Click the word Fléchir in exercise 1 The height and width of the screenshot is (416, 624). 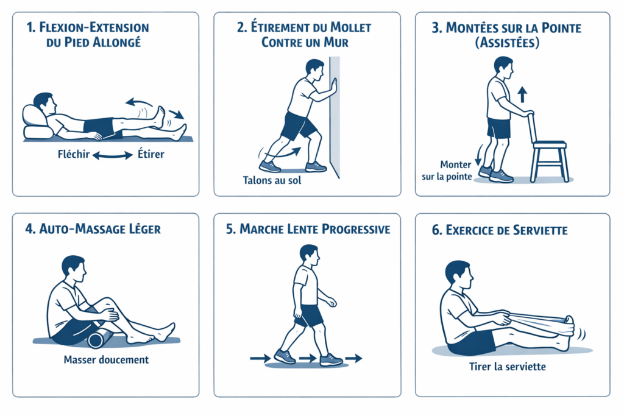tap(74, 154)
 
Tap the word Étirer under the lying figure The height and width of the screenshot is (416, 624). tap(151, 154)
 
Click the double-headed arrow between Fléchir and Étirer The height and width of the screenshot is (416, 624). tap(113, 155)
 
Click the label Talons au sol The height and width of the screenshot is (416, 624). tap(272, 180)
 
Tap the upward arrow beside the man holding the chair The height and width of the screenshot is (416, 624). tap(522, 95)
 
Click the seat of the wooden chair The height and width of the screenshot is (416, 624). tap(550, 144)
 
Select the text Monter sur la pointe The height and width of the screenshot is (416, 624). tap(447, 171)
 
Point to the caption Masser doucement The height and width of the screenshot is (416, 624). tap(106, 360)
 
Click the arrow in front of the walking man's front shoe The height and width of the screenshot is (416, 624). tap(353, 358)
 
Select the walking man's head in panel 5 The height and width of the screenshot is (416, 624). tap(309, 255)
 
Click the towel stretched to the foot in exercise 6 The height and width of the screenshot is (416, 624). tap(537, 318)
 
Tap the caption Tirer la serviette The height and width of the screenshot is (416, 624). tap(508, 367)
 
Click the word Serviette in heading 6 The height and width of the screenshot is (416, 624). tap(540, 230)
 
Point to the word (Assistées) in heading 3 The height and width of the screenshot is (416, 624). tap(508, 42)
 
